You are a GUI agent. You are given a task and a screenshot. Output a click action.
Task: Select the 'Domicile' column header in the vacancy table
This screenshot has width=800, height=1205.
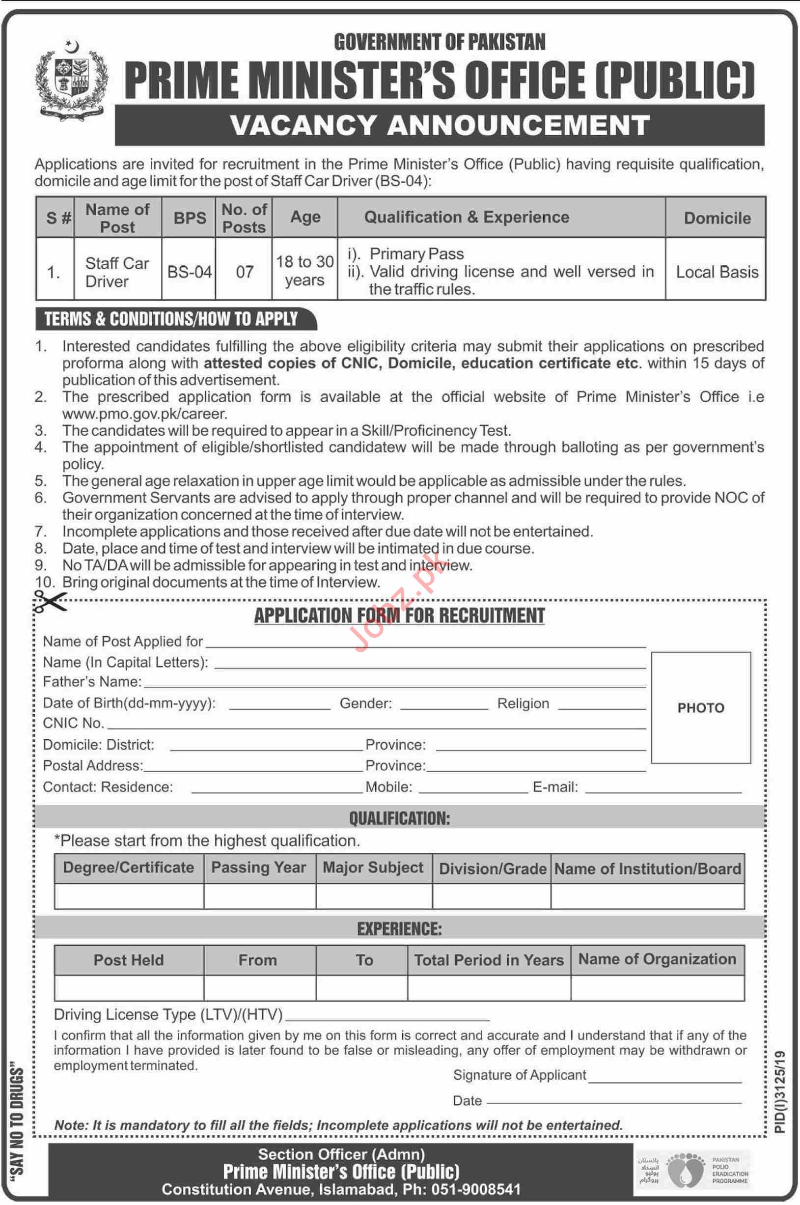717,218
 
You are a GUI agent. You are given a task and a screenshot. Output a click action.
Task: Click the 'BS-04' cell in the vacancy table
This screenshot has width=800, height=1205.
189,272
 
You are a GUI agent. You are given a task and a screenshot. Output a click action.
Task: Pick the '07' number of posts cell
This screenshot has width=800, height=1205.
245,272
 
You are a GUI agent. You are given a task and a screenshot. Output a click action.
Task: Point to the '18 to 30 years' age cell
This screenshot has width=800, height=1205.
304,271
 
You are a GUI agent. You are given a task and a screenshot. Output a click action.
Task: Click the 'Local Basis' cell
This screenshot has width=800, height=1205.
717,272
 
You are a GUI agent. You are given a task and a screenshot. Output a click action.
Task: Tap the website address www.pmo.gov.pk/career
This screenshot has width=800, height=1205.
144,414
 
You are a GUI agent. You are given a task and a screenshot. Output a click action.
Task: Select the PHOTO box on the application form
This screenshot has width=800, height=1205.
700,707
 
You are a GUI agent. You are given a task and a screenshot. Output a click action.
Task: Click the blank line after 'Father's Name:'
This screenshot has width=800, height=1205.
394,684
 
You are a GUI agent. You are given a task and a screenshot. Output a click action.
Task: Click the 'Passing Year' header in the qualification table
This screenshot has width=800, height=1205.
259,868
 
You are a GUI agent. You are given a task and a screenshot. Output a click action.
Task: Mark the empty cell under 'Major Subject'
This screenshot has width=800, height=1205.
374,896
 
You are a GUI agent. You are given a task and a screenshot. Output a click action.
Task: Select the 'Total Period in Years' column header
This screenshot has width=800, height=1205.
489,960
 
